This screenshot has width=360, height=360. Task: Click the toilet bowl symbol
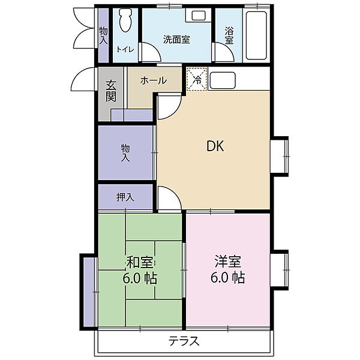125,20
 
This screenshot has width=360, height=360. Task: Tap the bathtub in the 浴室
256,35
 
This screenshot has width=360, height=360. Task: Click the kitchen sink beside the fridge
223,80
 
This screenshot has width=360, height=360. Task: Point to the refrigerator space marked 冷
197,79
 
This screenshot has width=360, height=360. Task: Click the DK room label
215,146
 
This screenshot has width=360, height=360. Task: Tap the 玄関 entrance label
111,91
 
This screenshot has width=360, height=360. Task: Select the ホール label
154,80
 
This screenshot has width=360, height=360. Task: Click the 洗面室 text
176,40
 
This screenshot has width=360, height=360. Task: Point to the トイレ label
125,49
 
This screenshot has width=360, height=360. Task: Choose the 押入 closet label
125,197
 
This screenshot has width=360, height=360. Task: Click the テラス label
184,341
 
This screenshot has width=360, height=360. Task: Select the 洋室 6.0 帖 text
228,269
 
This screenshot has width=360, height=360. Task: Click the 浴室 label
229,35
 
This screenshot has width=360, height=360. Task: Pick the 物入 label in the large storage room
125,152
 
